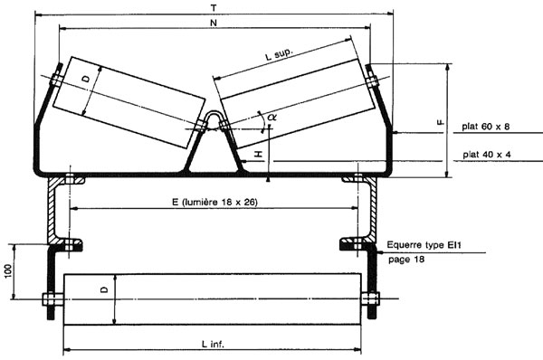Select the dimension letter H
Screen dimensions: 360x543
coord(258,155)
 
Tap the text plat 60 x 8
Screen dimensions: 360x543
coord(486,128)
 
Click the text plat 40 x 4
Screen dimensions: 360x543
coord(486,155)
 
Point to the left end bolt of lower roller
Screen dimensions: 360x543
coord(49,300)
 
